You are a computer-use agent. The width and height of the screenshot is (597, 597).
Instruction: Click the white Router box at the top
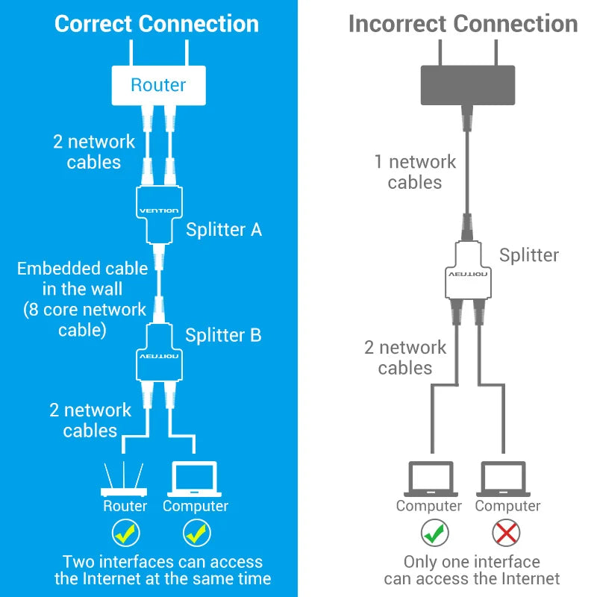tap(157, 84)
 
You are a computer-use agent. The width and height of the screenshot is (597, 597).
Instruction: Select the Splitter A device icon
tap(158, 211)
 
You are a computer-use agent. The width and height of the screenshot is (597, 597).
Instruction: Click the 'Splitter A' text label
tap(224, 229)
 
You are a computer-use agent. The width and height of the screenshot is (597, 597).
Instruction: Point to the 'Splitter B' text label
tap(223, 335)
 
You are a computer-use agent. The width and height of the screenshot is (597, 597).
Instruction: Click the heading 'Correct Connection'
tap(157, 24)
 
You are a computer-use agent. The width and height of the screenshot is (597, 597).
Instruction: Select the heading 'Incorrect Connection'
tap(463, 24)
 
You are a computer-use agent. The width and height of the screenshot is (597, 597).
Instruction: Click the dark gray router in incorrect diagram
tap(468, 84)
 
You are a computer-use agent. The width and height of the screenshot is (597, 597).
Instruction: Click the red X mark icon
tap(507, 533)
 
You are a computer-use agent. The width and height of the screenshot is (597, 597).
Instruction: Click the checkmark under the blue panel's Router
tap(125, 533)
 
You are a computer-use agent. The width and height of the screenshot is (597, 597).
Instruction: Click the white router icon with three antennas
tap(125, 481)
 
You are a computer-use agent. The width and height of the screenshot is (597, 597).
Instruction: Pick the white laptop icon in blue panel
tap(195, 480)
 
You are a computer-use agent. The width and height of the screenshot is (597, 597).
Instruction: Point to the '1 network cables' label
tap(415, 172)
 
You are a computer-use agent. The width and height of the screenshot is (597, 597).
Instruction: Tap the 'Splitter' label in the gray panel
tap(529, 255)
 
